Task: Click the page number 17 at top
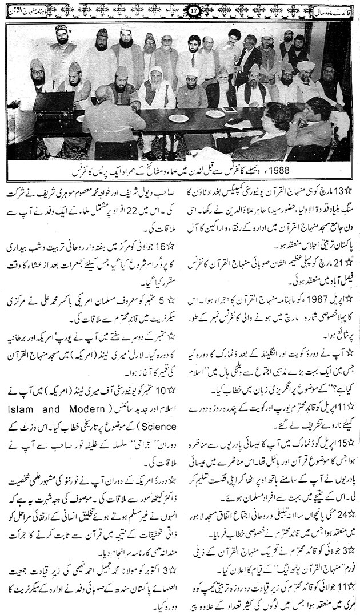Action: [179, 9]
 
